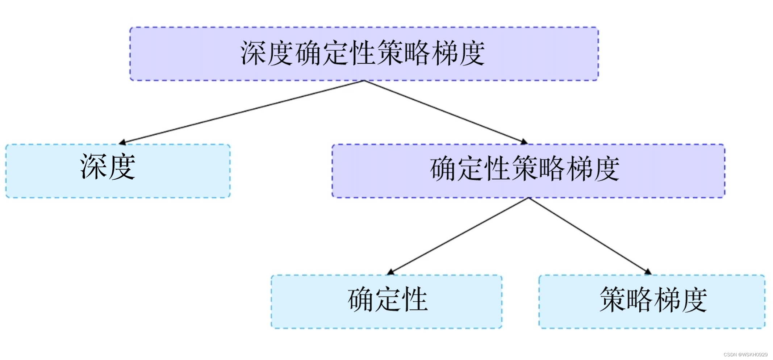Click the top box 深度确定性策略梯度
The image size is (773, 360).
pyautogui.click(x=364, y=54)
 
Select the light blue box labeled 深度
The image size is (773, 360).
pyautogui.click(x=118, y=171)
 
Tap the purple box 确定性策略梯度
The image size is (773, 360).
pyautogui.click(x=528, y=171)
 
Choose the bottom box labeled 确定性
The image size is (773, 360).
pyautogui.click(x=386, y=301)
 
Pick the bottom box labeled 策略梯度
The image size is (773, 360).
pyautogui.click(x=652, y=301)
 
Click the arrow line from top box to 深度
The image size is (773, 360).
pyautogui.click(x=243, y=112)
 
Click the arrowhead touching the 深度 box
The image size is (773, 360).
pyautogui.click(x=123, y=142)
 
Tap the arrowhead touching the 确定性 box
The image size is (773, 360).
pyautogui.click(x=390, y=272)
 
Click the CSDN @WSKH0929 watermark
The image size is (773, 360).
pyautogui.click(x=745, y=355)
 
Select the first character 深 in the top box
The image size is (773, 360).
pyautogui.click(x=254, y=54)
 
